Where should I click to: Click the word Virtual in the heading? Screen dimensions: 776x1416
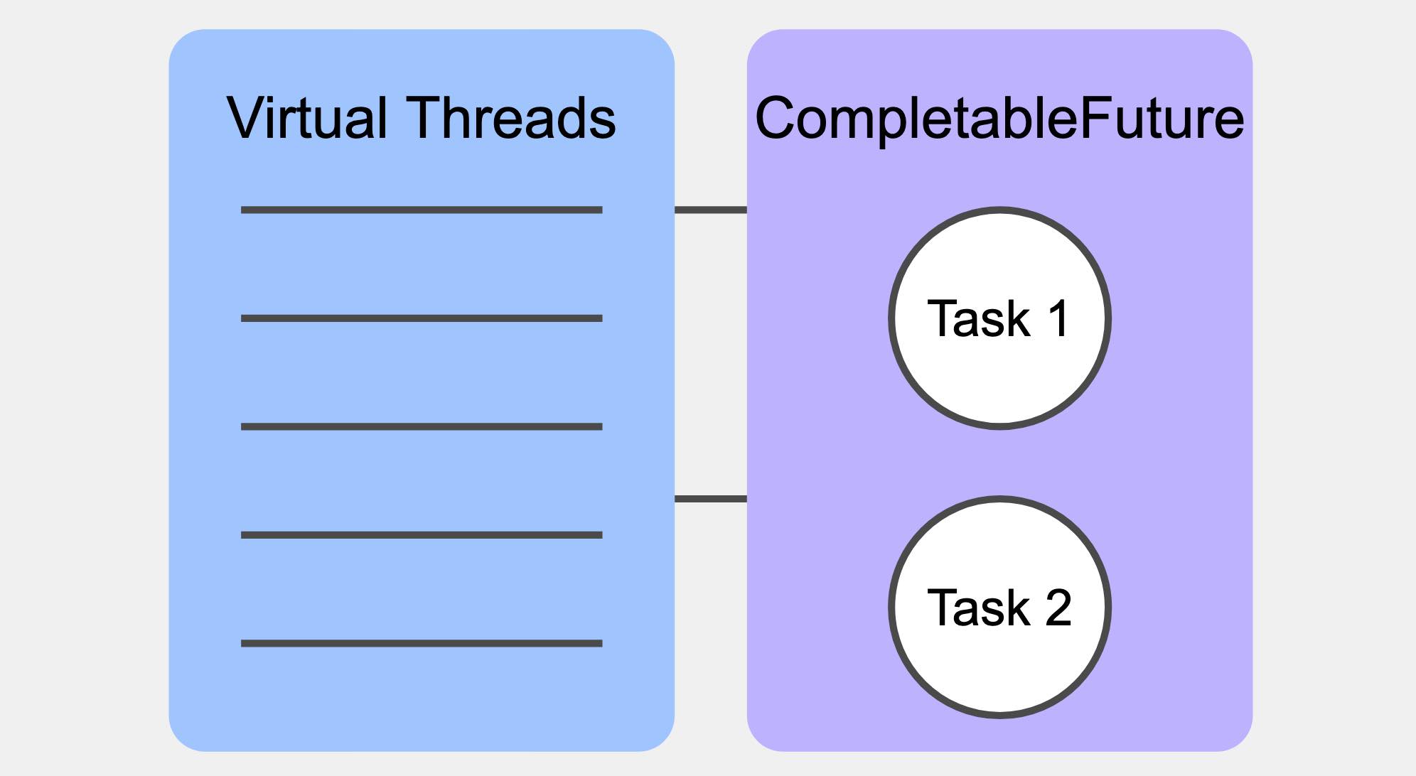click(x=306, y=118)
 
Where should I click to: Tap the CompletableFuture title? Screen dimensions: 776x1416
click(x=999, y=118)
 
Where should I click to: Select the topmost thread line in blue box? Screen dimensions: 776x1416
click(x=422, y=210)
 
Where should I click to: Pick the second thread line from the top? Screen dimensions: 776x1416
click(x=422, y=318)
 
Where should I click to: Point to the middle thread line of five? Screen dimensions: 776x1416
click(x=422, y=427)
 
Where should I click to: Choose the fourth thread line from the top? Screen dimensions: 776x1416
click(x=422, y=535)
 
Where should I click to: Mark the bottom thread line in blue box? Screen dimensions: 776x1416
click(x=422, y=644)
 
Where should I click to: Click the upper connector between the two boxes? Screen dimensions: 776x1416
click(x=710, y=210)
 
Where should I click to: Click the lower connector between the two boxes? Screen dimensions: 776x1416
click(x=710, y=499)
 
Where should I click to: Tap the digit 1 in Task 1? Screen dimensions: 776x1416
click(x=1058, y=318)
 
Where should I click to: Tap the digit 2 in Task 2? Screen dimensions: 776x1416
click(x=1058, y=608)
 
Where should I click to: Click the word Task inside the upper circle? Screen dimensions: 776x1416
click(x=978, y=318)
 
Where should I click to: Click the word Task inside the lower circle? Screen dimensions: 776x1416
click(x=978, y=608)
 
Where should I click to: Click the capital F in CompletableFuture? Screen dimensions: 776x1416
click(x=1094, y=118)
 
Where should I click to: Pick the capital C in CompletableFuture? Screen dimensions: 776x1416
click(x=776, y=118)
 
